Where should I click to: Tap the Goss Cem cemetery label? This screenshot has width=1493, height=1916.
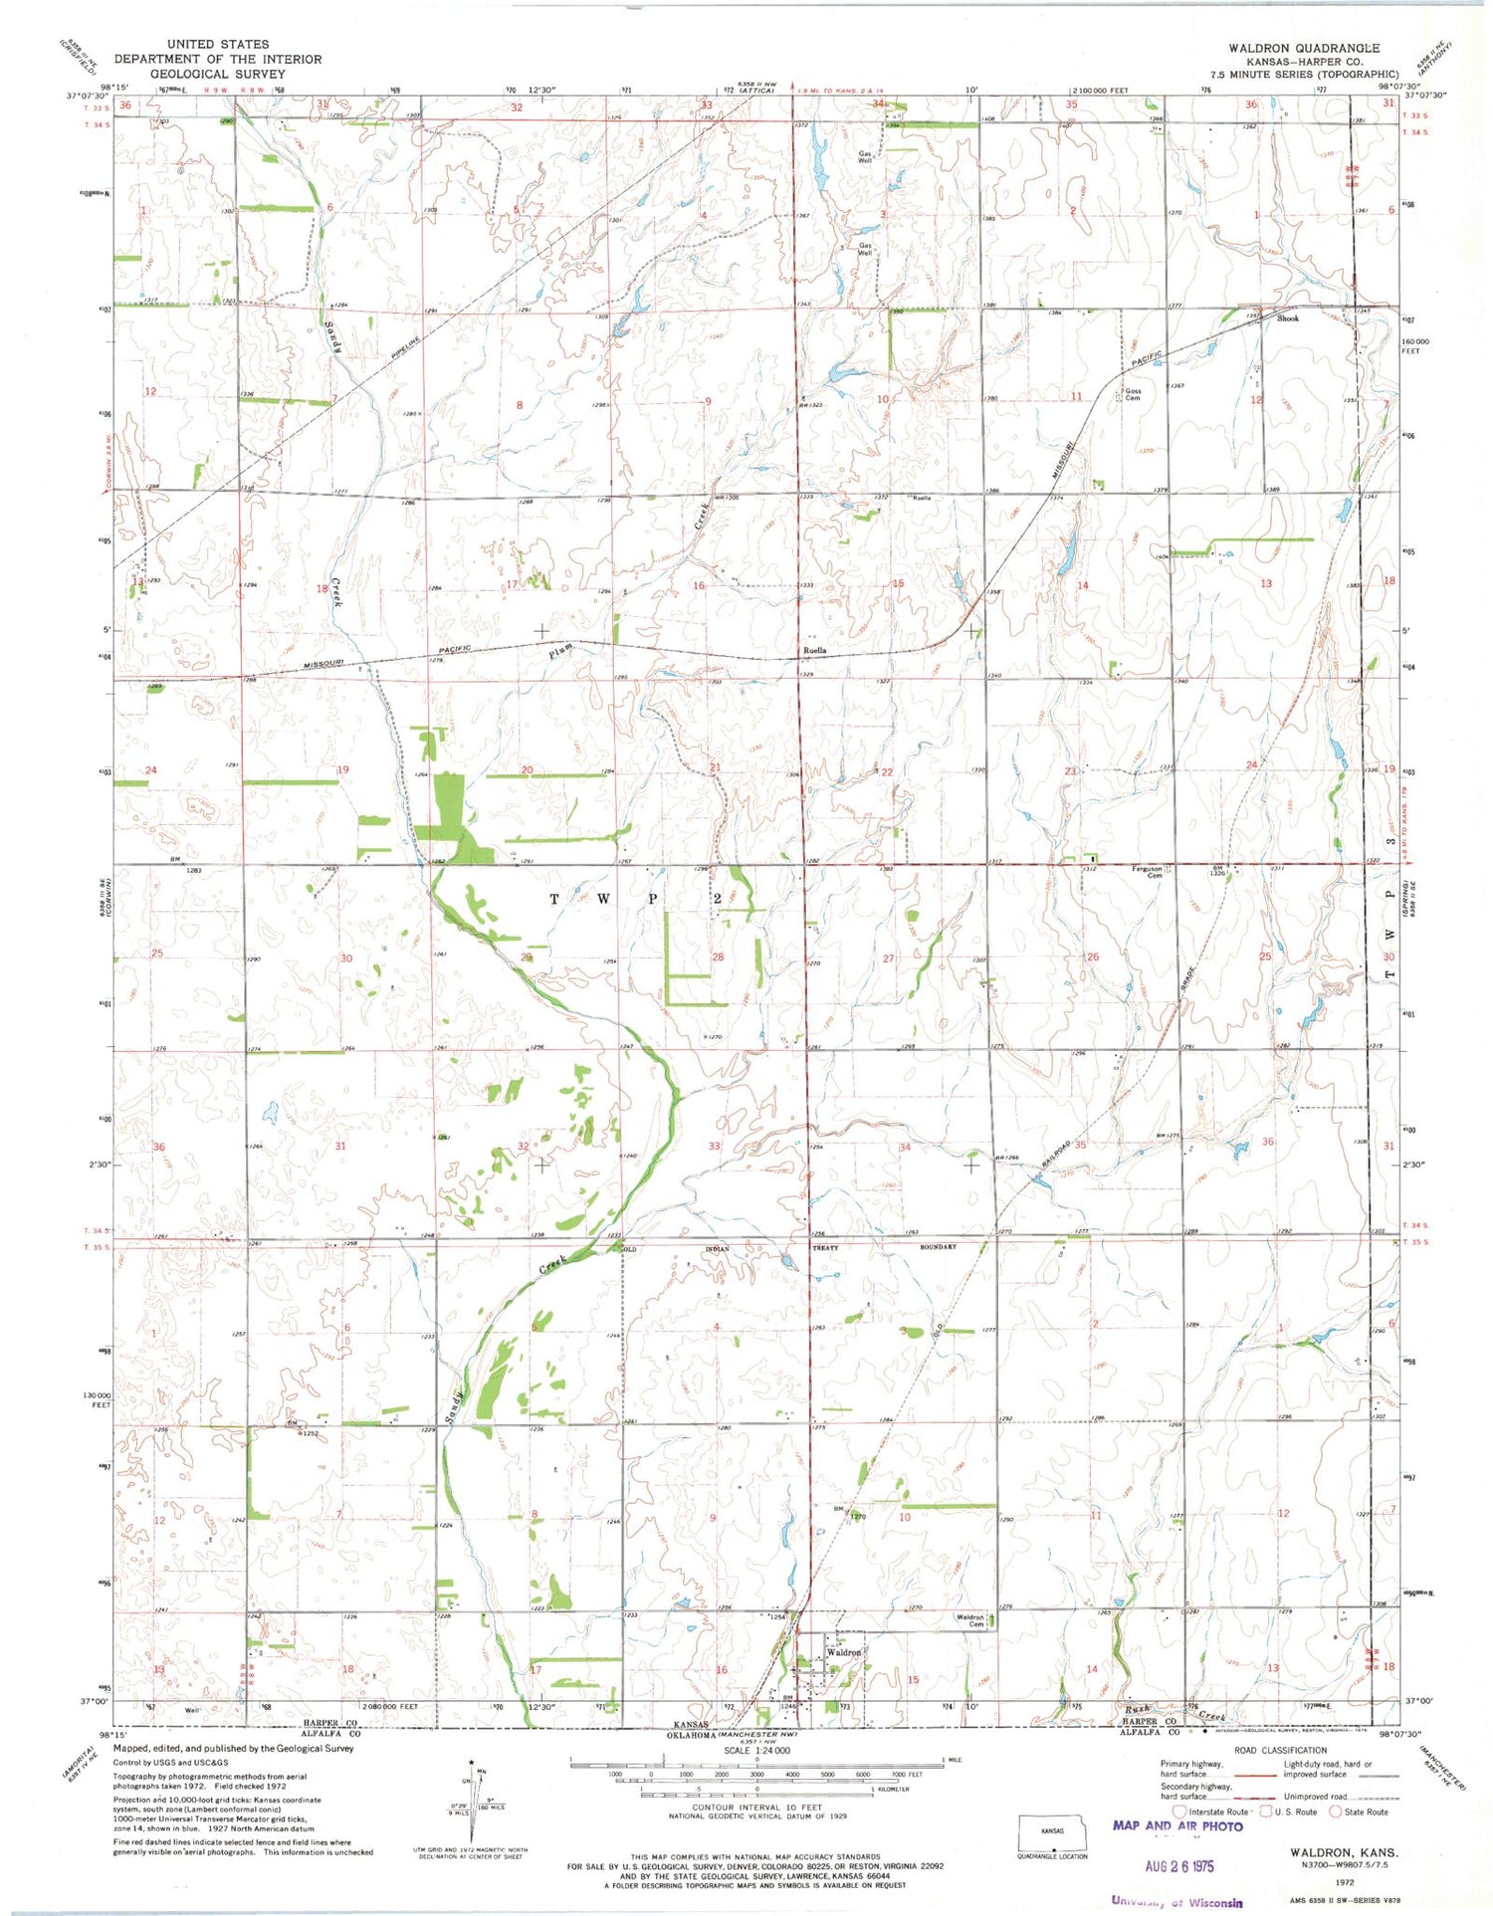point(1132,394)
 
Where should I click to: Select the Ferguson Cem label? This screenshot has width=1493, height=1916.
point(1147,871)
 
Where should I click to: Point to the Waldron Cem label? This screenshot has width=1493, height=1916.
point(969,1620)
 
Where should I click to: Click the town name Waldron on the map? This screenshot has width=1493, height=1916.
point(843,1652)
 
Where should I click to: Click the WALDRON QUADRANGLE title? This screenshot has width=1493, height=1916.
point(1303,48)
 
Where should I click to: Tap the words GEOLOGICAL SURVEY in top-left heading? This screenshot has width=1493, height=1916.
point(217,74)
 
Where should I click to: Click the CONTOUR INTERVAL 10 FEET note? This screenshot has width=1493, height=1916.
point(756,1807)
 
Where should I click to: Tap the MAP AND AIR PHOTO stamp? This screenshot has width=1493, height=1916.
point(1176,1825)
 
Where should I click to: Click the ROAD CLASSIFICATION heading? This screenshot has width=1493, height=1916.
point(1279,1750)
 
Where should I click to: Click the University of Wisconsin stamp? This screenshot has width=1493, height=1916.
point(1176,1901)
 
